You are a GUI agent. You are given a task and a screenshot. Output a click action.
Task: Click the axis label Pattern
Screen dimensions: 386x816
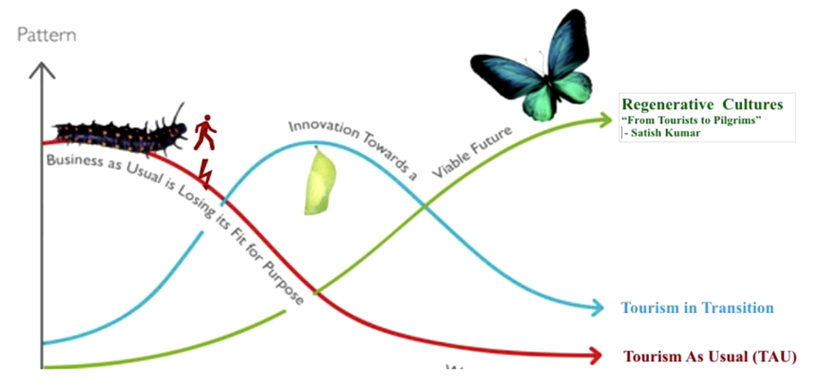click(x=47, y=35)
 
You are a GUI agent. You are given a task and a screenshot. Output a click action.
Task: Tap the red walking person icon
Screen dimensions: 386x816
click(x=205, y=132)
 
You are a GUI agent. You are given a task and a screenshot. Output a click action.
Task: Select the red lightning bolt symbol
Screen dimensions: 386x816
click(x=206, y=173)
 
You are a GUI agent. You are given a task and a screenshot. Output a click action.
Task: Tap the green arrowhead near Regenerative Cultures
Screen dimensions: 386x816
click(x=605, y=120)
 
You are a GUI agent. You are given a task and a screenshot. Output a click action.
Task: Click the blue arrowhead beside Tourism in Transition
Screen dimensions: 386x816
click(x=597, y=307)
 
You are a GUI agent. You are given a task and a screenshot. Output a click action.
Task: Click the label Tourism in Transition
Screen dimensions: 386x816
click(x=697, y=308)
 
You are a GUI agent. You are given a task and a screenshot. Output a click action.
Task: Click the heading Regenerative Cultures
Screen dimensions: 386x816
click(x=702, y=104)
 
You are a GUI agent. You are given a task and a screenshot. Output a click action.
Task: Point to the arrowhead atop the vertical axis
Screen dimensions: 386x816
click(x=42, y=69)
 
